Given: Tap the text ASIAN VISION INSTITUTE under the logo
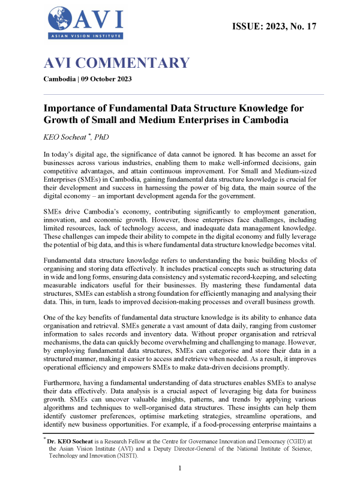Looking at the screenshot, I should pyautogui.click(x=85, y=37).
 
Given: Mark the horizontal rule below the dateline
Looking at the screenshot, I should pyautogui.click(x=184, y=95).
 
